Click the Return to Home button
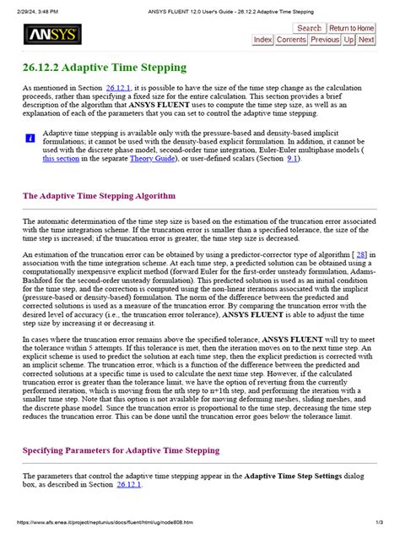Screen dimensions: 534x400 coord(352,28)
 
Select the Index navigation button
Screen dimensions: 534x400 coord(262,40)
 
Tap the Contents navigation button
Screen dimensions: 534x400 coord(291,40)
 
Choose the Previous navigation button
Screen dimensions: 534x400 coord(325,40)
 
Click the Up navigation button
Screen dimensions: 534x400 coord(349,40)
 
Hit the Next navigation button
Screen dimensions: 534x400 coord(366,40)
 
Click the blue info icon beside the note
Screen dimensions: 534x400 coord(30,137)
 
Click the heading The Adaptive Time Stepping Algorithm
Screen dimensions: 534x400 coord(99,195)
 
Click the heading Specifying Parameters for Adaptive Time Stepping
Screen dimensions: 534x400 coord(121,451)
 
